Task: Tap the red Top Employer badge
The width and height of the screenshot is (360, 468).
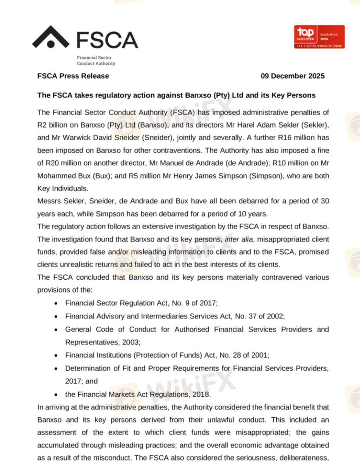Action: pyautogui.click(x=319, y=37)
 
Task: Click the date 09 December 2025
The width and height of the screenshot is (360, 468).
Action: pyautogui.click(x=293, y=76)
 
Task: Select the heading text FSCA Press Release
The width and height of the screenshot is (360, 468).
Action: pyautogui.click(x=73, y=76)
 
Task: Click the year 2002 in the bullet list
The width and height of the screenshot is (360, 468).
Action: pyautogui.click(x=276, y=316)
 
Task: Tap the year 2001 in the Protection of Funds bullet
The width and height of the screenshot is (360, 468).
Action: pyautogui.click(x=264, y=355)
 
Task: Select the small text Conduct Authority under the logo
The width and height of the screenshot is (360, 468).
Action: pyautogui.click(x=96, y=63)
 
